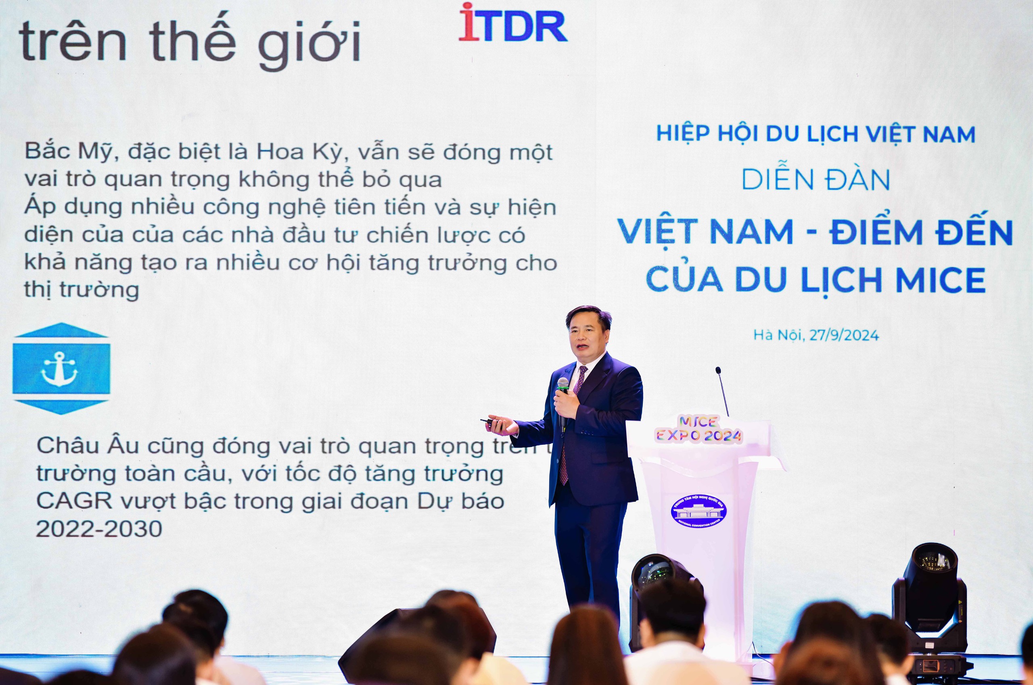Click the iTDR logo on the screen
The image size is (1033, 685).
coord(512,24)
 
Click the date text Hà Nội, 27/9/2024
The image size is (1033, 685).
coord(816,335)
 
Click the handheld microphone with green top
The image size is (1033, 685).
coord(563,393)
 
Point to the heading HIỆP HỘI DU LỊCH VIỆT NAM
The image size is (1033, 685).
coord(816,134)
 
